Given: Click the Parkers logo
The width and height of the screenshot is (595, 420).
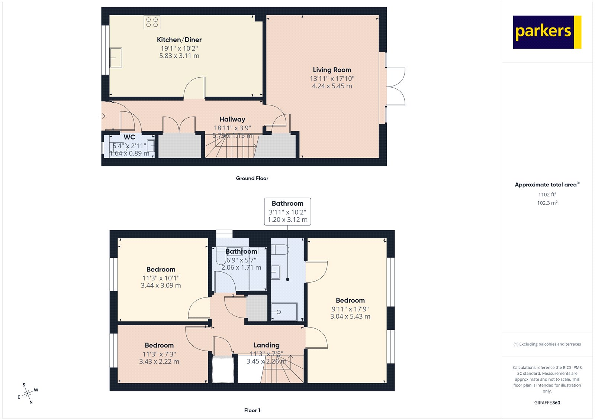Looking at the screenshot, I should point(547,32).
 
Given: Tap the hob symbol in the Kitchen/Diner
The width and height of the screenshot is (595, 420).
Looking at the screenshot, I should point(152,22).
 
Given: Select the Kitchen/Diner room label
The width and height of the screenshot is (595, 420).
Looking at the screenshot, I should point(179,40).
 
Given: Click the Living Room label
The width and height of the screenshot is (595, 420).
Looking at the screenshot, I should point(332,70).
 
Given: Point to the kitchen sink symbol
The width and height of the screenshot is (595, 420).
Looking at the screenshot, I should point(116,58).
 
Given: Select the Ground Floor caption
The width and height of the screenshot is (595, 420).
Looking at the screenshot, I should point(252,178).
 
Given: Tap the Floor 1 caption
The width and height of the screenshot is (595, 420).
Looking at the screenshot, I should point(252,410).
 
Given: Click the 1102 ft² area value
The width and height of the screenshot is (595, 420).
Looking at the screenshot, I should point(547,195).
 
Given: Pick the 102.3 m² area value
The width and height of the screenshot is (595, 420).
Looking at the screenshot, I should point(547,203).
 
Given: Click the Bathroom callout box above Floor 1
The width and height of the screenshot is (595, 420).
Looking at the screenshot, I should point(287,212).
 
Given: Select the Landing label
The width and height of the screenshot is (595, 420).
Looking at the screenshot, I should point(266,345).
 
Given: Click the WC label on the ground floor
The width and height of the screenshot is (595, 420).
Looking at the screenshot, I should point(129,137).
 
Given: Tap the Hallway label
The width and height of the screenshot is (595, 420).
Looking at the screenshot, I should point(232,119).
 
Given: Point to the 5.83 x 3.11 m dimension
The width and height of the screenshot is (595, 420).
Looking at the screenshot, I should point(179,56).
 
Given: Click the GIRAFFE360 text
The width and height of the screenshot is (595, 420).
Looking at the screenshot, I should point(547,403).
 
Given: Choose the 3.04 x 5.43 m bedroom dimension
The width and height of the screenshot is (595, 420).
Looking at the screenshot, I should point(350,317).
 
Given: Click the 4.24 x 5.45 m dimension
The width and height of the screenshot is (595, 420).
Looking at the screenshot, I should point(332,86).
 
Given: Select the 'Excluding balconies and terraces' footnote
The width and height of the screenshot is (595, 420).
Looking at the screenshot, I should point(547,344).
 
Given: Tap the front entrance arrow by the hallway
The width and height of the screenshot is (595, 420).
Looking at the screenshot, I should point(102,116).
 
